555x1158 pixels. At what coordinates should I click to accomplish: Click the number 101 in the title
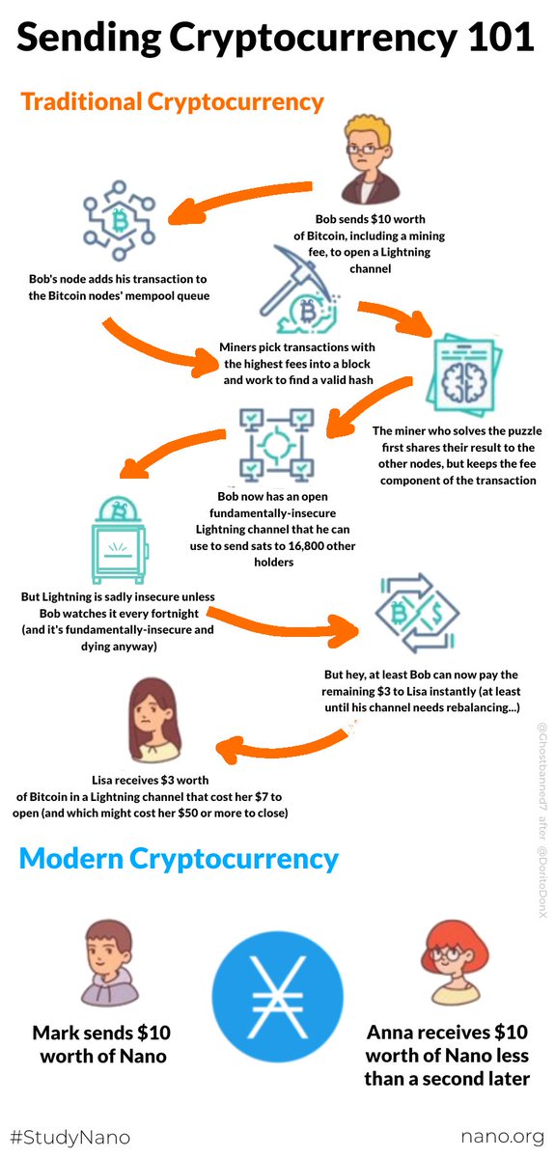(501, 38)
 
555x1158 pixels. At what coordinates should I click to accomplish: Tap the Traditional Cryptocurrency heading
(172, 102)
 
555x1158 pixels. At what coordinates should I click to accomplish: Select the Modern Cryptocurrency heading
(179, 859)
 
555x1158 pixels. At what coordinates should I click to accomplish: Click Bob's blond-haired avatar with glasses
(369, 160)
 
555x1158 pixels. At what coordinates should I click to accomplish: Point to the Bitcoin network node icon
(120, 220)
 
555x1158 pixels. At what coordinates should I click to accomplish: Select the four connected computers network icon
(277, 444)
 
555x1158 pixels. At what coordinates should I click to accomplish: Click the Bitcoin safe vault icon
(119, 539)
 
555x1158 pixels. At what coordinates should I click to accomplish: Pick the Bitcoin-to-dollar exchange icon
(417, 613)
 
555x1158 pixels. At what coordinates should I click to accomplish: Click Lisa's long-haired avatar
(154, 720)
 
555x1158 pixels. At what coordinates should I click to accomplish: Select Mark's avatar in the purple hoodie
(110, 963)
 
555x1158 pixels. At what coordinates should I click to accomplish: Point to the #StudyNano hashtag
(69, 1138)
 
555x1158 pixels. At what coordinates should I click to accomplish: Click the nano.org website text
(502, 1137)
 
